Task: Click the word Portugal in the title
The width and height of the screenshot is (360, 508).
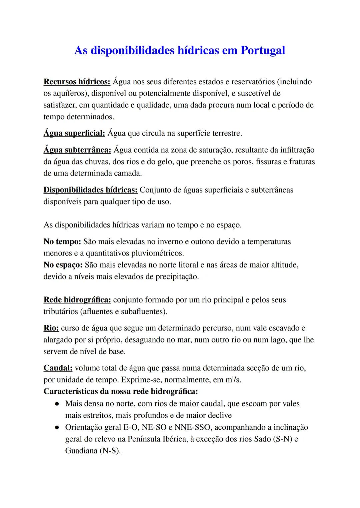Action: (263, 50)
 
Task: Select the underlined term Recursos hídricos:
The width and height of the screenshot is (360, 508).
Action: (77, 82)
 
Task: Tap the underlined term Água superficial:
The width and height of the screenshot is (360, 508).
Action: (74, 133)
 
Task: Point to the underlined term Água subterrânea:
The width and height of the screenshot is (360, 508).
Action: (77, 150)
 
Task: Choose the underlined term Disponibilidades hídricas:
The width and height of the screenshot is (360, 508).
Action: (90, 190)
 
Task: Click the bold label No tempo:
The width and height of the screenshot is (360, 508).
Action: (62, 242)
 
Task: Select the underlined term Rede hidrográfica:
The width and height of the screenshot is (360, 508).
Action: (77, 300)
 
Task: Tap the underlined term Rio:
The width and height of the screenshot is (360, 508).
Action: (51, 328)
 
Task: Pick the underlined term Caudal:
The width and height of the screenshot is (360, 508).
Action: (58, 368)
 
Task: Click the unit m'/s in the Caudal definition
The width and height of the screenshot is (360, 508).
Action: (233, 380)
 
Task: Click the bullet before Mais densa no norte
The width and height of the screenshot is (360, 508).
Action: (57, 404)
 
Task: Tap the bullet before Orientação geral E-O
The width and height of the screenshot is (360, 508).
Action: (57, 427)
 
